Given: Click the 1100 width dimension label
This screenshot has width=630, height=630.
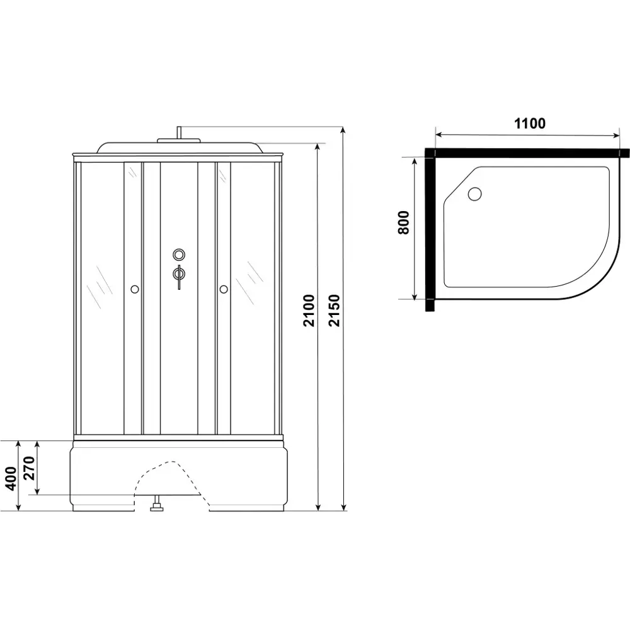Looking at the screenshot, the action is click(x=530, y=123).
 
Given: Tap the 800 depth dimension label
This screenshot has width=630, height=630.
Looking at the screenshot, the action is click(x=403, y=222).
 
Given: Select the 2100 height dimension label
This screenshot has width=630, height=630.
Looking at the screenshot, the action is click(x=309, y=311).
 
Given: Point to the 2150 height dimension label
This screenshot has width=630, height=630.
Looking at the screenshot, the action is click(x=334, y=311).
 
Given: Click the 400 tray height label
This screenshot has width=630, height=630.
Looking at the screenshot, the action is click(x=11, y=478).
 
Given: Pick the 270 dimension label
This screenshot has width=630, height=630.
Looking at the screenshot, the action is click(x=30, y=468).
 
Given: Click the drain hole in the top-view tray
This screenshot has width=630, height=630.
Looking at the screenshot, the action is click(x=474, y=194).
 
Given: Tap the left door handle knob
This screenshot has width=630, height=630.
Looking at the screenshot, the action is click(x=134, y=289).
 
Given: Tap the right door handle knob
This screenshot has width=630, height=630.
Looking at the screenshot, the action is click(x=224, y=289).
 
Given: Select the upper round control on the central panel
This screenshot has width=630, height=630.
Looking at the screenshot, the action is click(x=179, y=254).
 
